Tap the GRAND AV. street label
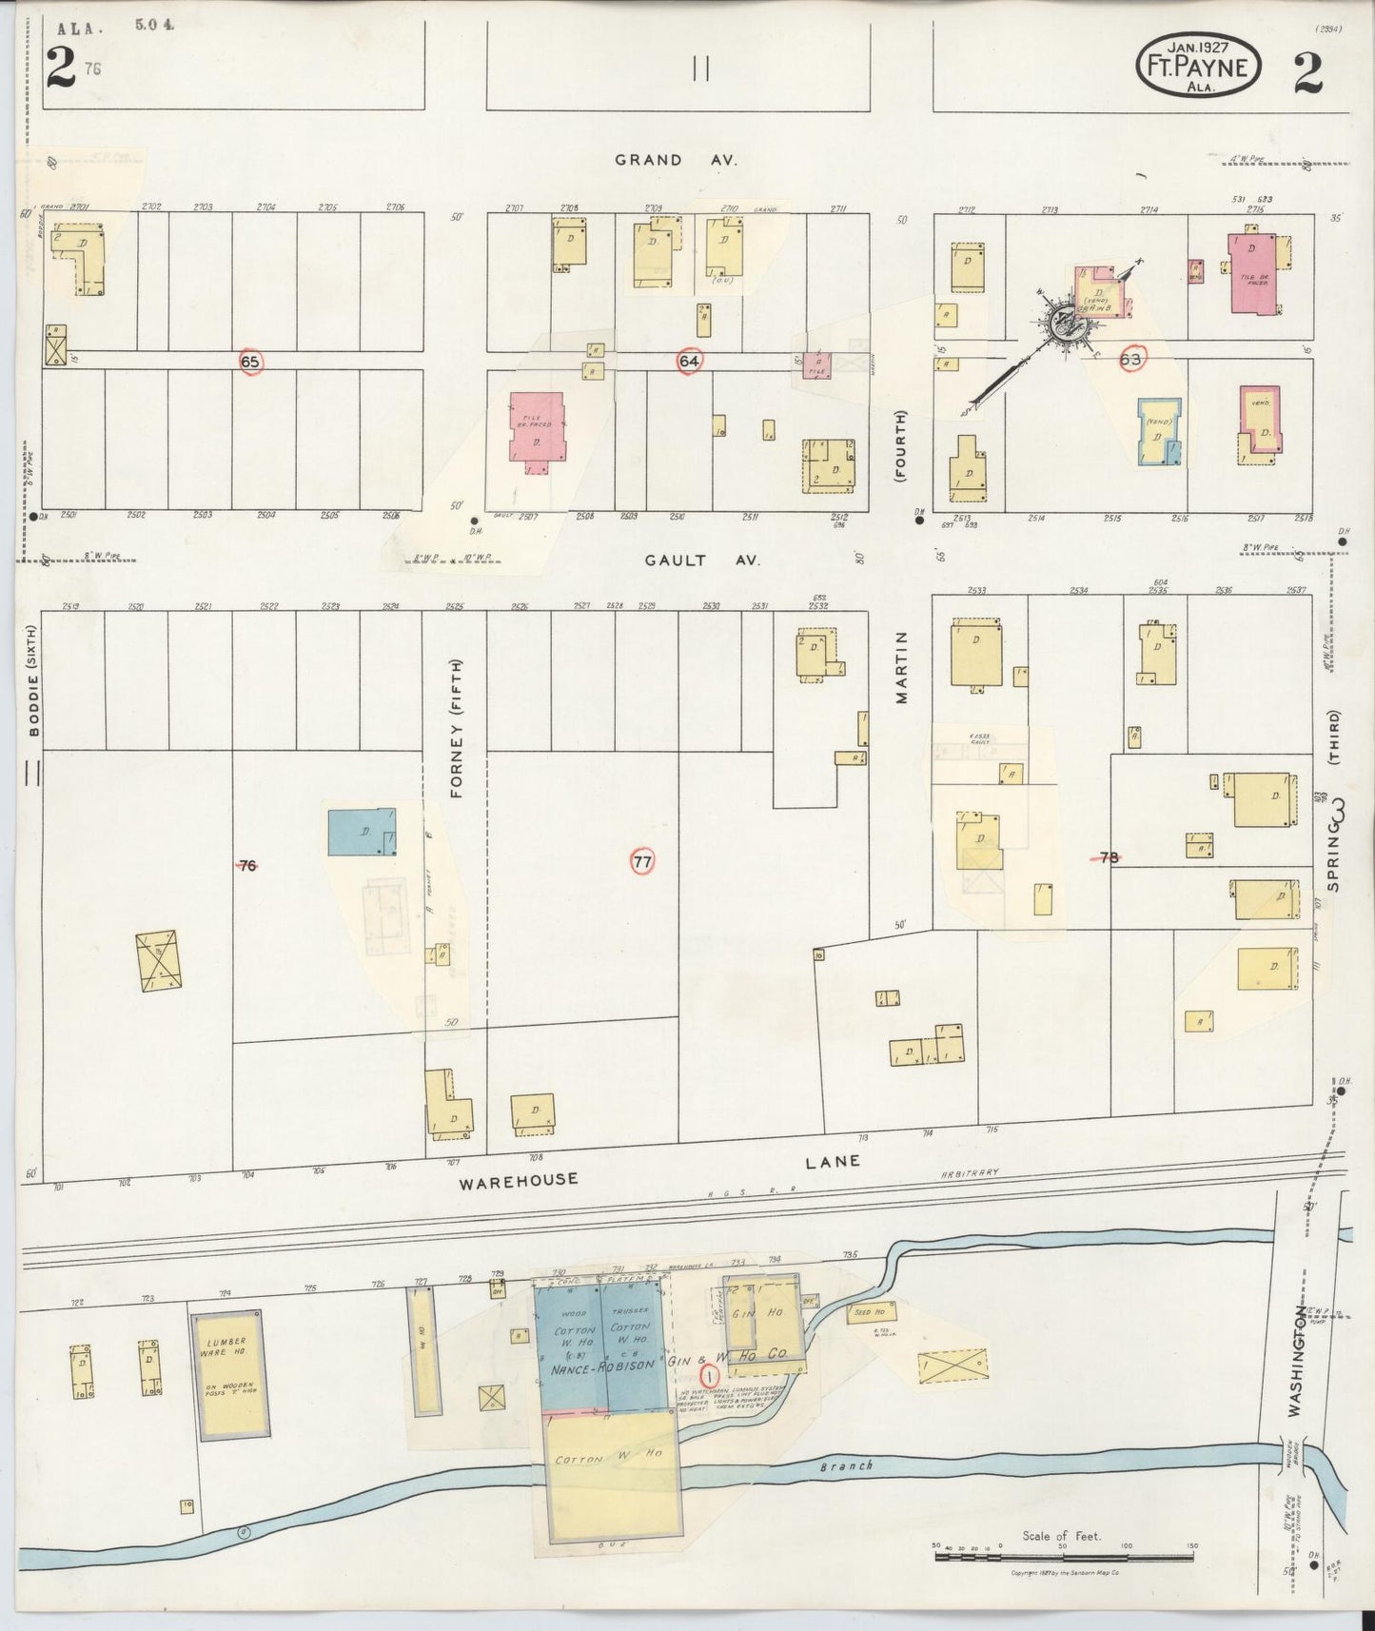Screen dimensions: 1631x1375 pos(676,160)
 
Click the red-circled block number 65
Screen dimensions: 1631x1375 pos(250,362)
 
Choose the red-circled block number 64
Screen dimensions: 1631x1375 pos(689,361)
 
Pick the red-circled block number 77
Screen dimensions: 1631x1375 pos(643,862)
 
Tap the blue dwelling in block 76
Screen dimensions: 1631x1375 pos(362,833)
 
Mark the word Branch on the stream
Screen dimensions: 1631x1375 pos(846,1465)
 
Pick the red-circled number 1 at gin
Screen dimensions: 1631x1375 pos(707,1376)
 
